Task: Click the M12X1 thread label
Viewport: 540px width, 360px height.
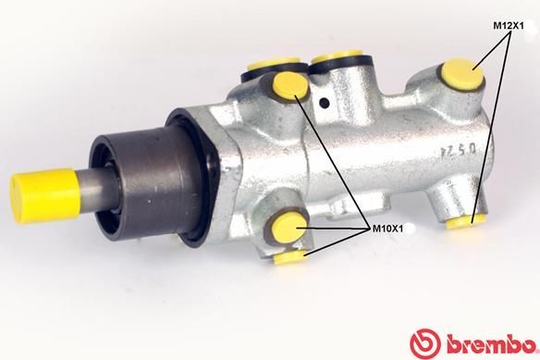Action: pos(509,25)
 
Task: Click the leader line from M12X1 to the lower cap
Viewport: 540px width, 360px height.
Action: pos(487,139)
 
